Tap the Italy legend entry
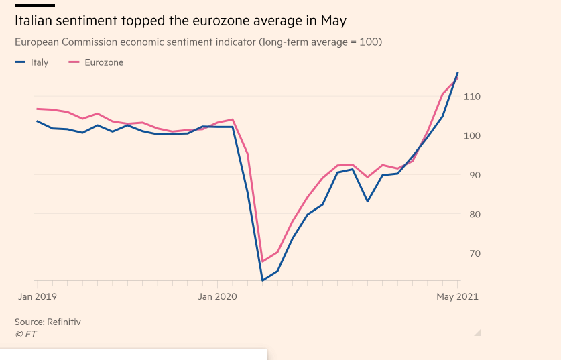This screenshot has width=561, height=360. pos(40,62)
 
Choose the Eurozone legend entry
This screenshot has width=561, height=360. pos(104,62)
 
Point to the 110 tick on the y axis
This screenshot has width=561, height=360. pos(472,97)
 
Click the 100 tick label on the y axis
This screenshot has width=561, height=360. pos(472,135)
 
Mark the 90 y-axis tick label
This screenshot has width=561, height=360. pos(474,175)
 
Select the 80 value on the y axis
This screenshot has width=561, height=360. pos(474,214)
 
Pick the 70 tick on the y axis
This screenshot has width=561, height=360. pos(474,253)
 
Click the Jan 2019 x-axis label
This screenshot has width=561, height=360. pos(36,296)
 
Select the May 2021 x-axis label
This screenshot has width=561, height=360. pos(457,296)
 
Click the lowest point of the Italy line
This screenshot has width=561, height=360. pos(263,280)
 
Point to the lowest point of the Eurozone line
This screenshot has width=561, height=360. pos(263,261)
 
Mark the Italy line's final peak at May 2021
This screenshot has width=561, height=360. pos(458,72)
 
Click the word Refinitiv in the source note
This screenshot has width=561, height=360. pos(64,322)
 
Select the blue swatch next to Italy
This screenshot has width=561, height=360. pos(19,62)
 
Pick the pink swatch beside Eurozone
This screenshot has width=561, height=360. pos(74,62)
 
